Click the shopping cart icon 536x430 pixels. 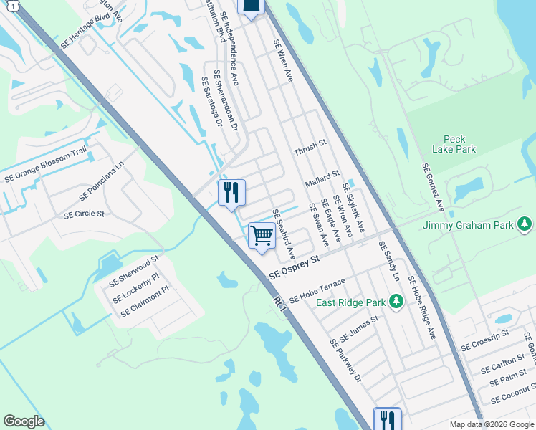click(x=262, y=235)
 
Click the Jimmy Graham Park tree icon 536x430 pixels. click(x=525, y=225)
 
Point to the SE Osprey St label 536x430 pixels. click(x=293, y=269)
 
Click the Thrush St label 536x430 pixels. click(x=310, y=148)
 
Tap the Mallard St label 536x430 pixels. click(x=321, y=178)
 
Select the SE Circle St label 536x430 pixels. click(x=84, y=214)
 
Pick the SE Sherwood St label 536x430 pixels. click(x=134, y=272)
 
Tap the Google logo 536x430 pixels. click(x=24, y=421)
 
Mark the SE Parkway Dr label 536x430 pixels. click(x=346, y=360)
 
